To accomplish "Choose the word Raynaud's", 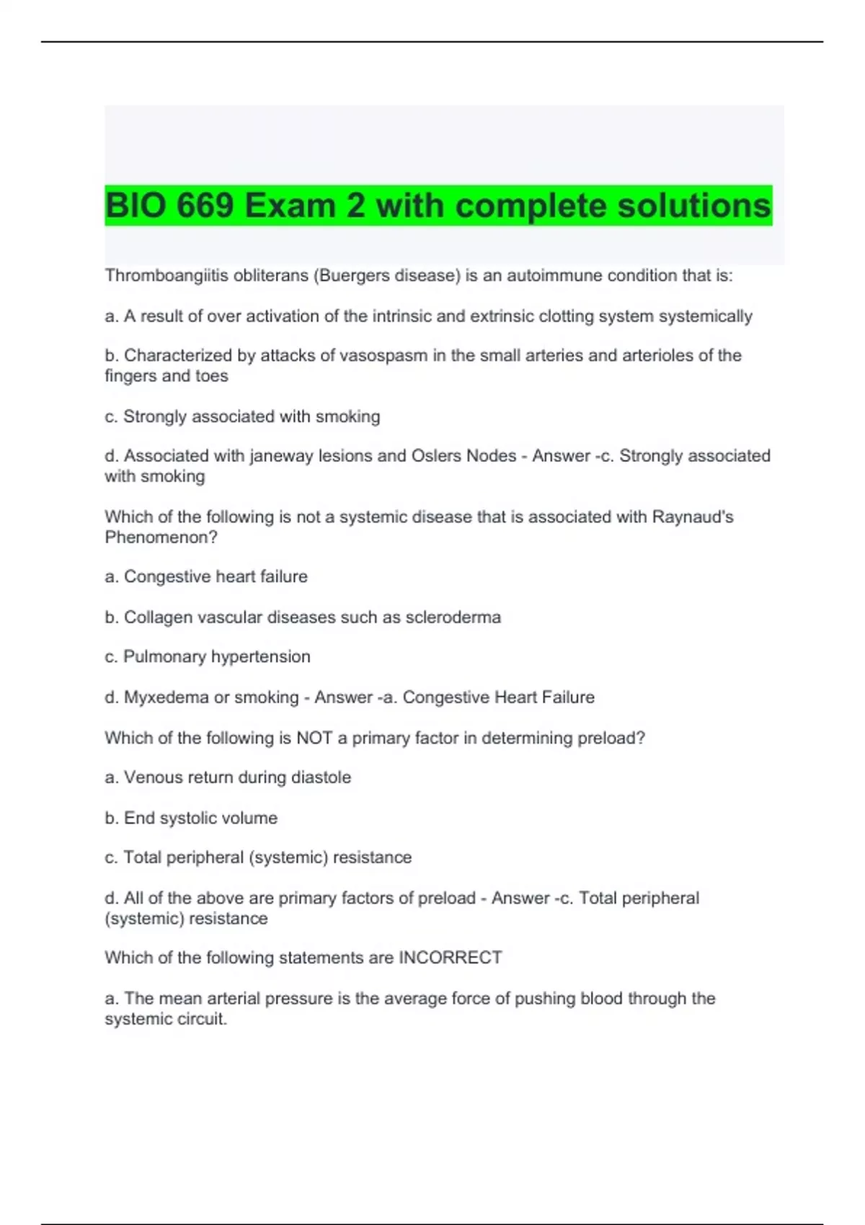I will (x=693, y=517).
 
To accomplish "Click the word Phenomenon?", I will (x=161, y=538).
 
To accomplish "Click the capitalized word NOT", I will (x=314, y=738).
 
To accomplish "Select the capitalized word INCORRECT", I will (x=450, y=958).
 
